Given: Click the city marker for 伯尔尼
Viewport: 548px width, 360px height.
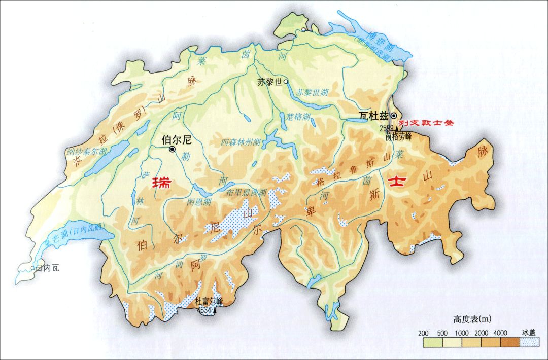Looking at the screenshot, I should tap(173, 149).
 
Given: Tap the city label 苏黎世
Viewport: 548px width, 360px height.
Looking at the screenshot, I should tap(268, 81).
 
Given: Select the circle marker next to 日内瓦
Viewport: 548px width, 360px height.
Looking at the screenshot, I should tap(32, 268).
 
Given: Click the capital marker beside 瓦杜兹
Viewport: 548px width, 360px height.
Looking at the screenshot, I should tap(393, 116).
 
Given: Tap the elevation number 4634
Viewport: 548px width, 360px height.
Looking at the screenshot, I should tap(204, 309).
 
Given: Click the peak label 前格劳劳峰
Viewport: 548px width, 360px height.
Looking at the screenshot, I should tap(398, 136).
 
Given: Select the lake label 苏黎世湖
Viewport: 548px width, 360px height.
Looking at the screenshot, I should tap(313, 93).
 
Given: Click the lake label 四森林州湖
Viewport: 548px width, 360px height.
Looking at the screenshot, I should tap(241, 142).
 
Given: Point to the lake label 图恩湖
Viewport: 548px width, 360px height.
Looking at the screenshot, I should tap(199, 201).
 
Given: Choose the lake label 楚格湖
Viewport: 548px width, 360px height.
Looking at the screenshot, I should tap(298, 117).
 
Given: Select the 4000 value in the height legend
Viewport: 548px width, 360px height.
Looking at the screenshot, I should tap(500, 333).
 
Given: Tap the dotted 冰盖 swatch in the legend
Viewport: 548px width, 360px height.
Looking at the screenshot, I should tap(528, 342).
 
